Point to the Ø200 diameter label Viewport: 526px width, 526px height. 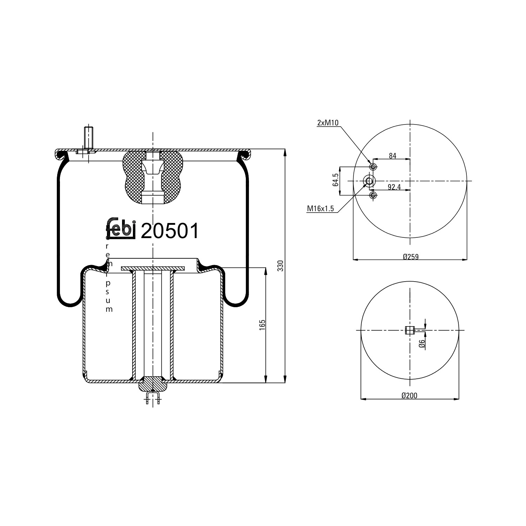tap(409, 396)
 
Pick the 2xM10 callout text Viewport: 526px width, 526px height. tap(328, 122)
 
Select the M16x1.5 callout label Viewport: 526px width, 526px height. tap(321, 209)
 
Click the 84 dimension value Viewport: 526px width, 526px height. tap(392, 156)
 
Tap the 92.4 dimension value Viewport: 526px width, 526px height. tap(394, 187)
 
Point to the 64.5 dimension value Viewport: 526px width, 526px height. tap(336, 180)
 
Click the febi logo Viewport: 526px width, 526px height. tap(121, 229)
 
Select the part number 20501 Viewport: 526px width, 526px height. tap(170, 231)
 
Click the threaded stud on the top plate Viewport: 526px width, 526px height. tap(88, 137)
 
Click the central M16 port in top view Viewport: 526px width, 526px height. tap(369, 181)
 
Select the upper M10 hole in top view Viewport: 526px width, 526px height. tap(373, 166)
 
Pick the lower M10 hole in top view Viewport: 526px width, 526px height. tap(373, 195)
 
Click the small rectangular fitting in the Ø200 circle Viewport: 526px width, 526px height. tap(410, 330)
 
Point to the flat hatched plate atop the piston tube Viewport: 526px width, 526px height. tap(153, 268)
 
